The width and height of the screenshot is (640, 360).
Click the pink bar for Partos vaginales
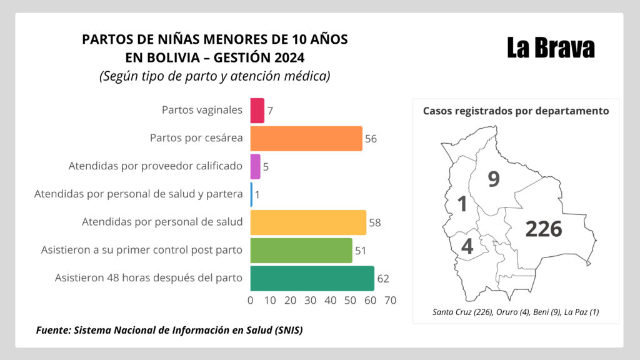click(257, 111)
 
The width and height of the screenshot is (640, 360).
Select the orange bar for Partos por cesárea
click(306, 139)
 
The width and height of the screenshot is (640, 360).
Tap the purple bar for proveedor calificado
click(255, 167)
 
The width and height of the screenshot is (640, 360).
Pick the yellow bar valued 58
click(308, 222)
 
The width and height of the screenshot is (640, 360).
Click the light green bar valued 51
click(301, 251)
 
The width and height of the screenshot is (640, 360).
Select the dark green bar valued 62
click(312, 278)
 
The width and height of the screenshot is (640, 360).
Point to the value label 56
click(371, 139)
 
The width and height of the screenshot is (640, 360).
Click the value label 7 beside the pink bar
click(270, 111)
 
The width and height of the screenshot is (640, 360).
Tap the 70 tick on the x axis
click(391, 301)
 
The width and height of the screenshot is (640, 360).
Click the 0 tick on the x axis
click(251, 301)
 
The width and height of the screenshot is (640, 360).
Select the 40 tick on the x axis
click(331, 301)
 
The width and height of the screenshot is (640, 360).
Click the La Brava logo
click(550, 48)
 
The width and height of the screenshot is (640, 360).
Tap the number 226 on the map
click(543, 229)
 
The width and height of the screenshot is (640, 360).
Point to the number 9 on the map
click(494, 180)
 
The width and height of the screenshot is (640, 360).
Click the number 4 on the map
click(467, 246)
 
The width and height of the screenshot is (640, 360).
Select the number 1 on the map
click(462, 204)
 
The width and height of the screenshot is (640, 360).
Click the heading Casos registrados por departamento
click(516, 111)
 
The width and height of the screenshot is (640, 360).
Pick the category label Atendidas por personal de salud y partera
click(138, 194)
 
